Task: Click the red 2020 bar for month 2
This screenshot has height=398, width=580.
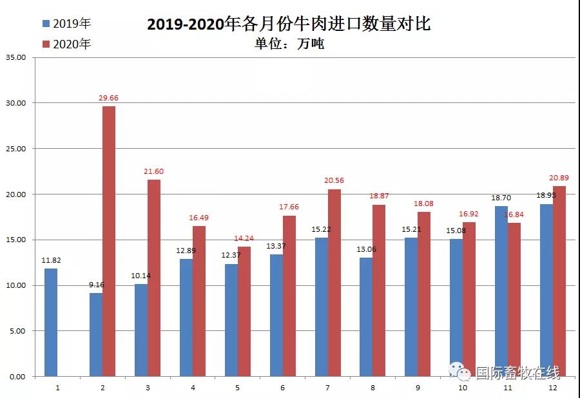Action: coord(109,241)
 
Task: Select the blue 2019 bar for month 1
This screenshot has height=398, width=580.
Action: coord(51,322)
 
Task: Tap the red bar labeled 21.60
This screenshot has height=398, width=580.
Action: coord(154,278)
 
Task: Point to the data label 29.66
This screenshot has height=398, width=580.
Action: coord(109,98)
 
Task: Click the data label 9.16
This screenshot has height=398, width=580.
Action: coord(95,285)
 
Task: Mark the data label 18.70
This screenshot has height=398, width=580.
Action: coord(501,198)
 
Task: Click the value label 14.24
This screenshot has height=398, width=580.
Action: coord(244,238)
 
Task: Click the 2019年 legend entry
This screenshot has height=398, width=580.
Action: coord(66,24)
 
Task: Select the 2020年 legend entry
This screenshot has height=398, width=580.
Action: coord(66,44)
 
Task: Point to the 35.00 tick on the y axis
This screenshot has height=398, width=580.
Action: coord(15,57)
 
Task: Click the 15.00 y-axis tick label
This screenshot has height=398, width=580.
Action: coord(15,240)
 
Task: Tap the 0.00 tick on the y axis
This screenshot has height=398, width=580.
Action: coord(17,377)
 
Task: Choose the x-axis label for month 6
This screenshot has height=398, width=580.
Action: coord(283,388)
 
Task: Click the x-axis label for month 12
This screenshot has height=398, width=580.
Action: coord(553,388)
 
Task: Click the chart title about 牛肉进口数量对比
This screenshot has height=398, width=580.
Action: coord(289,24)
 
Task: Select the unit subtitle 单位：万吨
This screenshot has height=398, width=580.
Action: coord(289,44)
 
